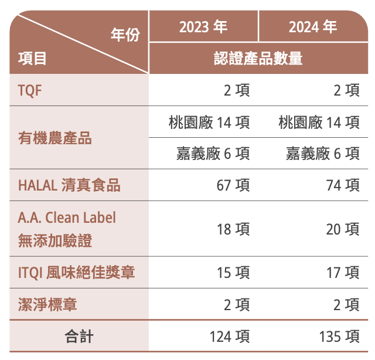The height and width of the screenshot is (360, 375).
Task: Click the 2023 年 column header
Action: [203, 27]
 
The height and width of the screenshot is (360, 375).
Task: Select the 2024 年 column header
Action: [313, 27]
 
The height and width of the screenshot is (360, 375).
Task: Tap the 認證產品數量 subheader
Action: [258, 58]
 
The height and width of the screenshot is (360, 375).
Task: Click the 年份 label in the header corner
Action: [125, 35]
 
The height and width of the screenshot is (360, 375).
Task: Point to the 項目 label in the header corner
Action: [33, 58]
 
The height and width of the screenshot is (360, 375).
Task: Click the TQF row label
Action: [30, 90]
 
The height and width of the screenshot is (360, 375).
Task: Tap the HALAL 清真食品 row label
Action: [69, 185]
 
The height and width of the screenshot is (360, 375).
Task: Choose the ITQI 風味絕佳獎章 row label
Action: [76, 273]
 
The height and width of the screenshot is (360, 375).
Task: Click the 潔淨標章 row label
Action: [47, 305]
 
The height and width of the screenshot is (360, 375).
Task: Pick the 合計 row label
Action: [79, 337]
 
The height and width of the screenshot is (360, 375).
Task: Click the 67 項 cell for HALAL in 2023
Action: [233, 185]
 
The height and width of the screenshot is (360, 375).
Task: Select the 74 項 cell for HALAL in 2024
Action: [343, 185]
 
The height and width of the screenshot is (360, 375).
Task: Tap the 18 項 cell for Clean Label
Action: [233, 229]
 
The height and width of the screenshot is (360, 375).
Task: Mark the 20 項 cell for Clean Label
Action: [343, 229]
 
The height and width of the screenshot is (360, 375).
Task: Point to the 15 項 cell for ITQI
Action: [233, 273]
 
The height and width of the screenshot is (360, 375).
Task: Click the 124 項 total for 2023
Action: [230, 337]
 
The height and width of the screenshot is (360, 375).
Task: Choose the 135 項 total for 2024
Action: [339, 337]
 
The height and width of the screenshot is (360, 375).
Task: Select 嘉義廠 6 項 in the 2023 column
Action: [213, 154]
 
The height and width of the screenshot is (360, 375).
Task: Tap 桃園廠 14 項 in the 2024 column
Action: [319, 123]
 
